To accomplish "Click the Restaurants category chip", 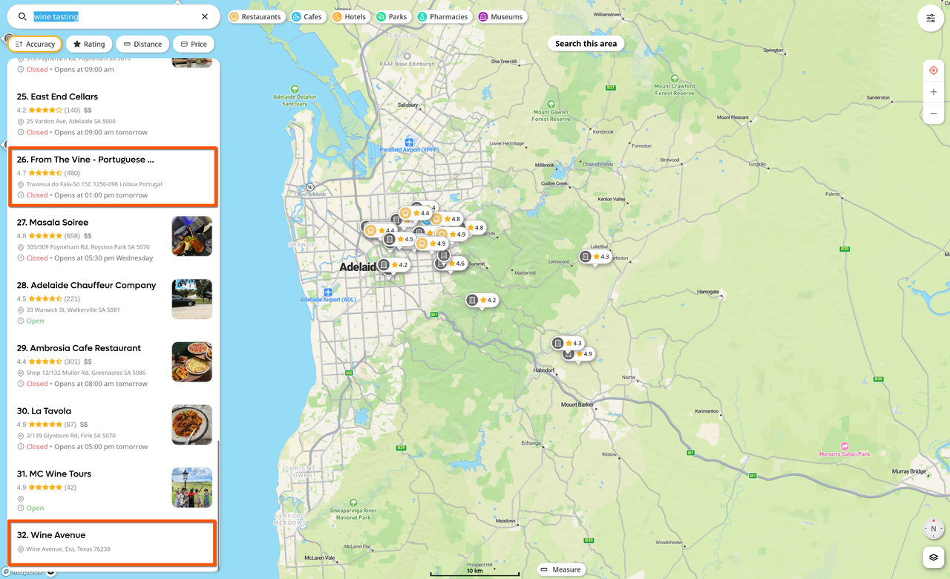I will point(256,16).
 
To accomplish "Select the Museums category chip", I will point(501,16).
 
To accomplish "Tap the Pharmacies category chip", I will point(442,16).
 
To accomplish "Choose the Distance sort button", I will point(142,44).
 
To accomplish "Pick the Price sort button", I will point(194,44).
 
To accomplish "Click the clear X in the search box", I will point(205,16).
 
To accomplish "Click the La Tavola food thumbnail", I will point(191,425).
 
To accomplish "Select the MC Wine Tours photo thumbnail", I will point(191,488).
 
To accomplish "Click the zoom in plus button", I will point(934,92).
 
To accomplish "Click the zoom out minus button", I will point(934,114).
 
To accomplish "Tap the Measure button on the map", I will point(560,569).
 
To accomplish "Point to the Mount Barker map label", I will point(577,405).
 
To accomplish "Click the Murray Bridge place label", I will point(909,471).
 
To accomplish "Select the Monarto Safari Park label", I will point(845,454).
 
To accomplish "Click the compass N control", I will point(933,529).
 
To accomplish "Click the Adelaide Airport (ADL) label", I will point(328,299).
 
